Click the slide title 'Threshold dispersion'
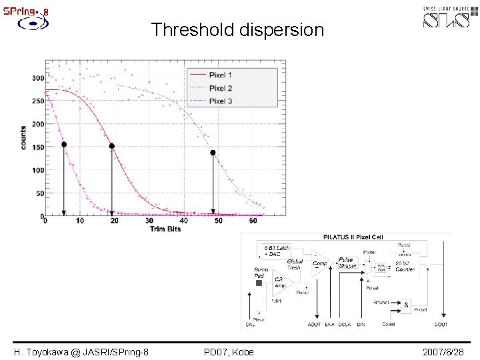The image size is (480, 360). [237, 30]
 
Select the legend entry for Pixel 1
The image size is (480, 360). [220, 75]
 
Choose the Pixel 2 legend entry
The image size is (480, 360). [220, 88]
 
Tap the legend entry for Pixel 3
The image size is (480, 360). [220, 101]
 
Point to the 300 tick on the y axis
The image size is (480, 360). [38, 78]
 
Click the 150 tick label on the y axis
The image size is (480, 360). [38, 147]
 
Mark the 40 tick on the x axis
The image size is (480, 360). [184, 221]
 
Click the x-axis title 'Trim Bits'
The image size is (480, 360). [165, 229]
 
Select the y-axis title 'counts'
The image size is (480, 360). [23, 137]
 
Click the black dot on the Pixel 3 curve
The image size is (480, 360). [213, 153]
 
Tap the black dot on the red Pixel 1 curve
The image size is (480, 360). [112, 146]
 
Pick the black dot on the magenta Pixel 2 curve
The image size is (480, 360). [64, 144]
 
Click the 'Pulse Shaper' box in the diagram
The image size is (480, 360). [347, 263]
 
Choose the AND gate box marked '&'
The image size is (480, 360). [406, 306]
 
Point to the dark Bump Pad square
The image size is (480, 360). [259, 283]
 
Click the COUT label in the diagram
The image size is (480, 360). [441, 325]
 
